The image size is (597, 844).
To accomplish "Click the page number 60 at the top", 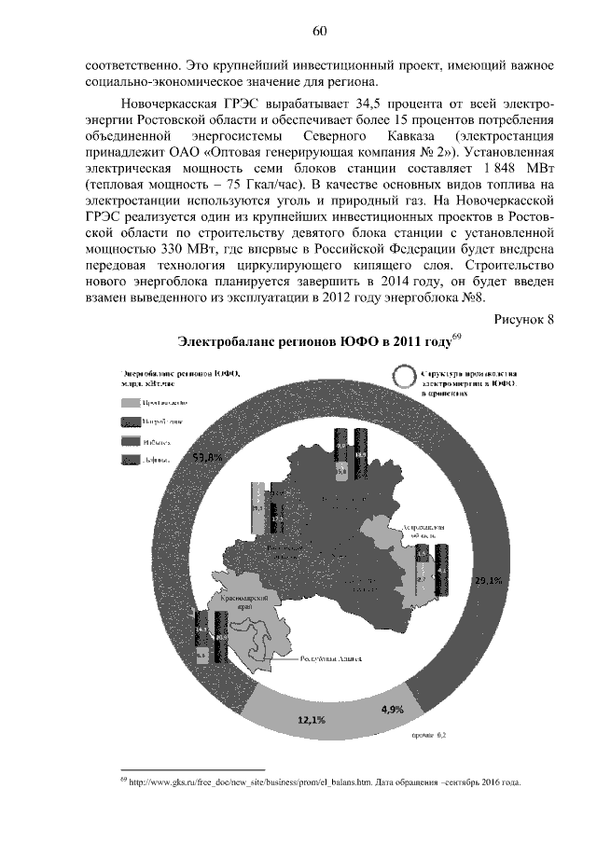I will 319,31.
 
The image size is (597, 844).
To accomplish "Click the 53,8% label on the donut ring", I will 207,457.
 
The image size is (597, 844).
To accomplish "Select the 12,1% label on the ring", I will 311,719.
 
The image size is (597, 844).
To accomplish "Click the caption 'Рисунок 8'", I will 523,320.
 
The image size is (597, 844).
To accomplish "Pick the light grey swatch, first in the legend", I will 131,400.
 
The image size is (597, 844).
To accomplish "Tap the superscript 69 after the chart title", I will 456,336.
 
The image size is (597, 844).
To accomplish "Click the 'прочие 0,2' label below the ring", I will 428,736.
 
